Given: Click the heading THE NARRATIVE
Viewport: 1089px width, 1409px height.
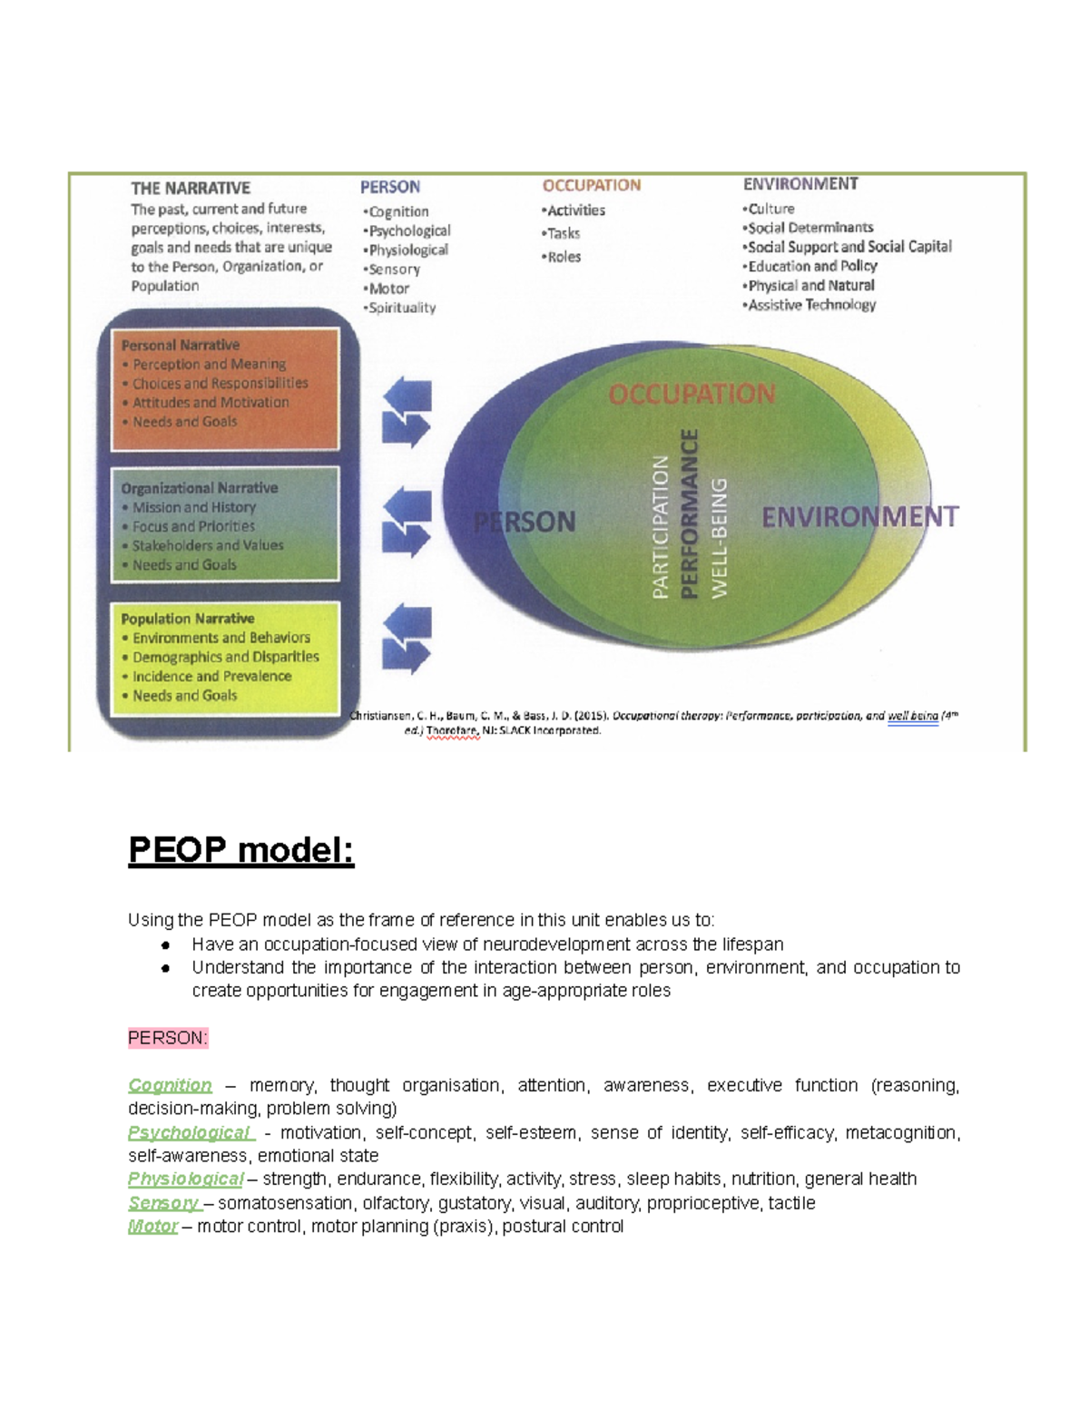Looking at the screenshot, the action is [x=191, y=189].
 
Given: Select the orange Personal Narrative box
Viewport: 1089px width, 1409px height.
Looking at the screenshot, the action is [x=225, y=389].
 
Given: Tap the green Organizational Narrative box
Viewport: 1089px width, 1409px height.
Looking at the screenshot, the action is [x=225, y=524].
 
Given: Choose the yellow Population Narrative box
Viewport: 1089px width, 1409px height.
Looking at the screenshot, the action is [x=225, y=657].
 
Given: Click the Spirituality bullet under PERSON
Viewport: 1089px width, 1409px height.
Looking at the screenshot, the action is [x=400, y=308].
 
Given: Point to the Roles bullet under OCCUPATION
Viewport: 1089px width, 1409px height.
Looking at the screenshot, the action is [x=562, y=257].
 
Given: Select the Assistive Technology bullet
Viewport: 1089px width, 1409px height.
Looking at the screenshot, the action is [x=809, y=305].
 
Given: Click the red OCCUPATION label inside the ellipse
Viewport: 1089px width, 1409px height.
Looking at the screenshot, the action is [x=692, y=395].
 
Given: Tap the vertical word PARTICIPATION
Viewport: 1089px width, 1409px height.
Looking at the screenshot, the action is [x=661, y=526].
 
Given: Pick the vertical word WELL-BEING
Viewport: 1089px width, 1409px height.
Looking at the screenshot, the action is [x=720, y=537].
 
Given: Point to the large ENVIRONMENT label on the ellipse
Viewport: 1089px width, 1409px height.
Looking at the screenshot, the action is [x=859, y=517].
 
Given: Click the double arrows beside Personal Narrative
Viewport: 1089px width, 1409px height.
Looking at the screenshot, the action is [x=407, y=413].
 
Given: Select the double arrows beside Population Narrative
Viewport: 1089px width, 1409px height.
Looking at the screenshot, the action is [x=407, y=640].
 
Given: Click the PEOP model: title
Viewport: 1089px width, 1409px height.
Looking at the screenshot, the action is [x=240, y=851].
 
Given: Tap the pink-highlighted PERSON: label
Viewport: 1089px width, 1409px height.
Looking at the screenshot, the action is [x=168, y=1038].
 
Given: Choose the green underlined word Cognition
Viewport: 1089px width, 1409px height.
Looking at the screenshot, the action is [x=170, y=1085].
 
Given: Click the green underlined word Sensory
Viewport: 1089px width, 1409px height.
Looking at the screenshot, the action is [x=163, y=1203].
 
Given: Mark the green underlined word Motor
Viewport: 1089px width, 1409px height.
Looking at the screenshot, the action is [x=152, y=1227].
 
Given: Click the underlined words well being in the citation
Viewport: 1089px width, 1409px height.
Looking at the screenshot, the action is [x=913, y=716].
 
